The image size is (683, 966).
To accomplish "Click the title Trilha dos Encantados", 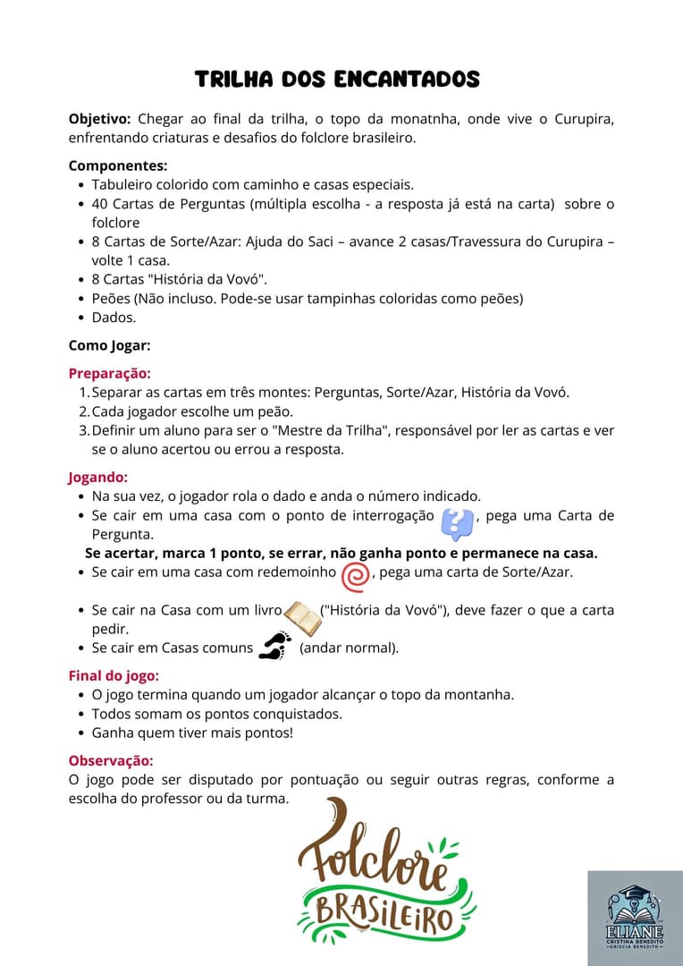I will [337, 80].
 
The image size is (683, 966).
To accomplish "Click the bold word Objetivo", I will [99, 120].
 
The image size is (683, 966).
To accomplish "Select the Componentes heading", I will [118, 165].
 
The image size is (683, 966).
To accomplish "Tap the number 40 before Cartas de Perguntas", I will [99, 204].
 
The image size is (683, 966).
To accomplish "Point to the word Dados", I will [114, 318].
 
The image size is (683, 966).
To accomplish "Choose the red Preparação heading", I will [109, 373].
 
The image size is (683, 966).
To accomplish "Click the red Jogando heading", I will [98, 478].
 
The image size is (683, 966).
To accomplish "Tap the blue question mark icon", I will [458, 522].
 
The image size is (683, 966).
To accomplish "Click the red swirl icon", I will [355, 576].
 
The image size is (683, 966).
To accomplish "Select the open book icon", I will [302, 617].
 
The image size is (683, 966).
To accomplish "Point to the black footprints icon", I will [275, 646].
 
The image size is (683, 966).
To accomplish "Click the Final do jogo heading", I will [114, 676].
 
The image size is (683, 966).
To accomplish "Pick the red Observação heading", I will [111, 760].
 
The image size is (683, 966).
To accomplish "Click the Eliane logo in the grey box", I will [635, 917].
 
